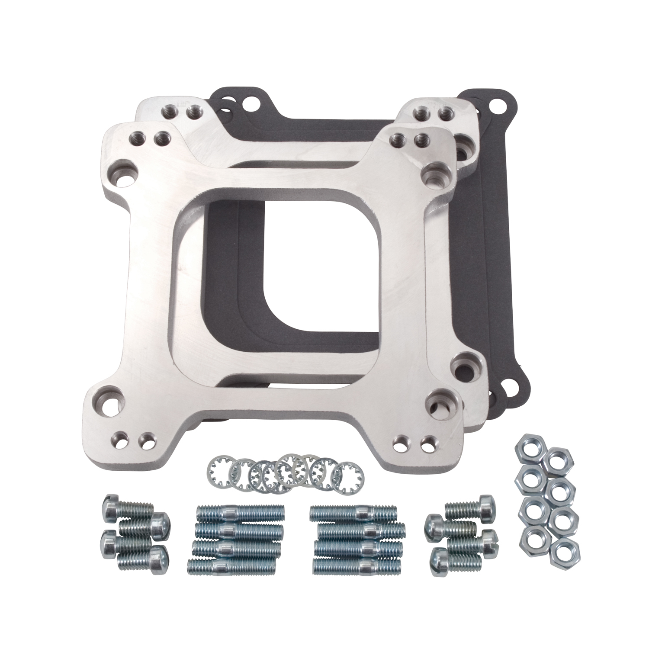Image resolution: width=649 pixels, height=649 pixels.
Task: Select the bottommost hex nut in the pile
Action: [x=562, y=553]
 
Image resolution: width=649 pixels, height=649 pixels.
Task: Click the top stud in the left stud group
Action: [x=240, y=514]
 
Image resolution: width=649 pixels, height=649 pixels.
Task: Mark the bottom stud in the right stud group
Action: [x=355, y=565]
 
